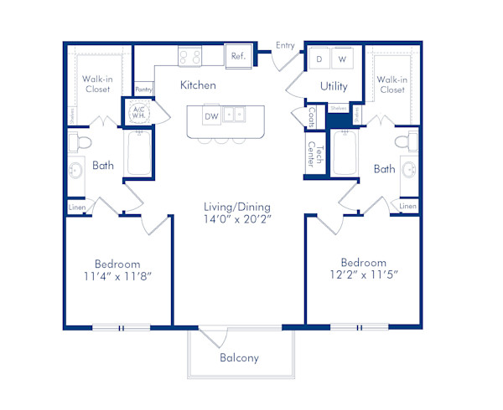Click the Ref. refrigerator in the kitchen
coord(238,57)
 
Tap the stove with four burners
coord(189,57)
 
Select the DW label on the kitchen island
coord(210,116)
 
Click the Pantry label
coord(143,89)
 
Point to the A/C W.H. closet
coord(138,112)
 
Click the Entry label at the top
coord(284,45)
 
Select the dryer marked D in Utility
coord(319,59)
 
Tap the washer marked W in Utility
coord(342,59)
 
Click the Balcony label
coord(239,358)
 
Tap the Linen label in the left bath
coord(76,206)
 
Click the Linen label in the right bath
coord(407,206)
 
